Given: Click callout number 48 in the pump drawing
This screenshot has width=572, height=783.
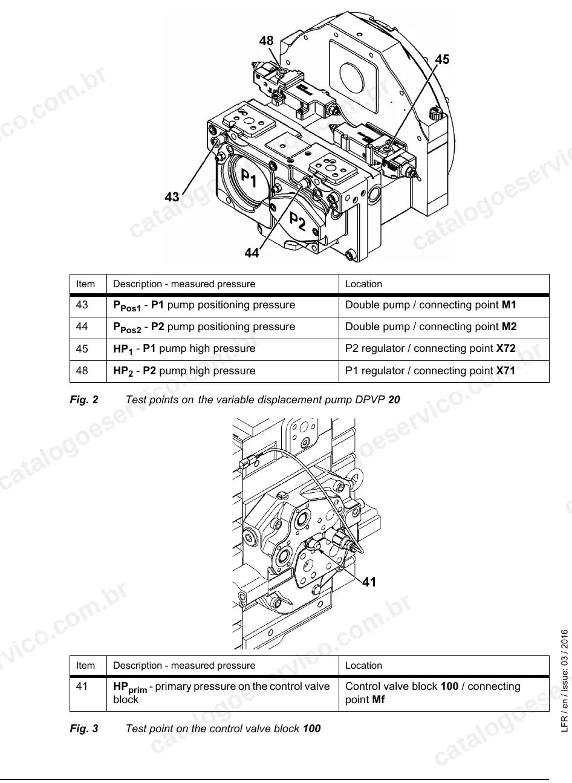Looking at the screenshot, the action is [x=266, y=41].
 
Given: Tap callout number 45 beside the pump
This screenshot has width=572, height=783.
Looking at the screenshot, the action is [x=442, y=59].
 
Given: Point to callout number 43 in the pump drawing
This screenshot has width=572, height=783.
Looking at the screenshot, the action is [x=172, y=197].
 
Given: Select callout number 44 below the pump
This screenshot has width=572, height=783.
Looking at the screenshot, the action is [x=252, y=252].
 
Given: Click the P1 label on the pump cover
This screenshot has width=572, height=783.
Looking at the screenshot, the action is [x=249, y=177].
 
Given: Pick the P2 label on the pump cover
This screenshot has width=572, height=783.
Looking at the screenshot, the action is [x=297, y=221].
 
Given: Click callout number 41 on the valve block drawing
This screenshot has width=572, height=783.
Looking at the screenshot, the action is [x=369, y=582].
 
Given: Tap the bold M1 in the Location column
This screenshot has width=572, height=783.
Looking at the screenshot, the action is [x=509, y=305].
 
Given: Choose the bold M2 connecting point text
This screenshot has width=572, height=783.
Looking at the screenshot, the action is [x=509, y=327].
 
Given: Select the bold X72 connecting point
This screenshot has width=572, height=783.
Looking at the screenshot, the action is [x=505, y=348].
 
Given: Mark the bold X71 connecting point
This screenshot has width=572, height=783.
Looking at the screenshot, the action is [x=505, y=370].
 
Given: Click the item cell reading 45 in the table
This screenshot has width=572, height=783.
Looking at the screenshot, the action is [x=82, y=348].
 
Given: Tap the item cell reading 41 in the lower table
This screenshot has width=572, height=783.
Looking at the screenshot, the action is [x=82, y=686].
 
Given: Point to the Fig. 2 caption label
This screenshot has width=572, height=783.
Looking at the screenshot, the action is [x=84, y=400].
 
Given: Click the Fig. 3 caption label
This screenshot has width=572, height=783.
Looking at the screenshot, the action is [x=84, y=729].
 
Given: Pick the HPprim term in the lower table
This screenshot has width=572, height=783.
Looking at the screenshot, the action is [x=130, y=687].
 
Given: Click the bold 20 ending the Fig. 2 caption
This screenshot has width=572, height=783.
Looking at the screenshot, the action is [x=394, y=400].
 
